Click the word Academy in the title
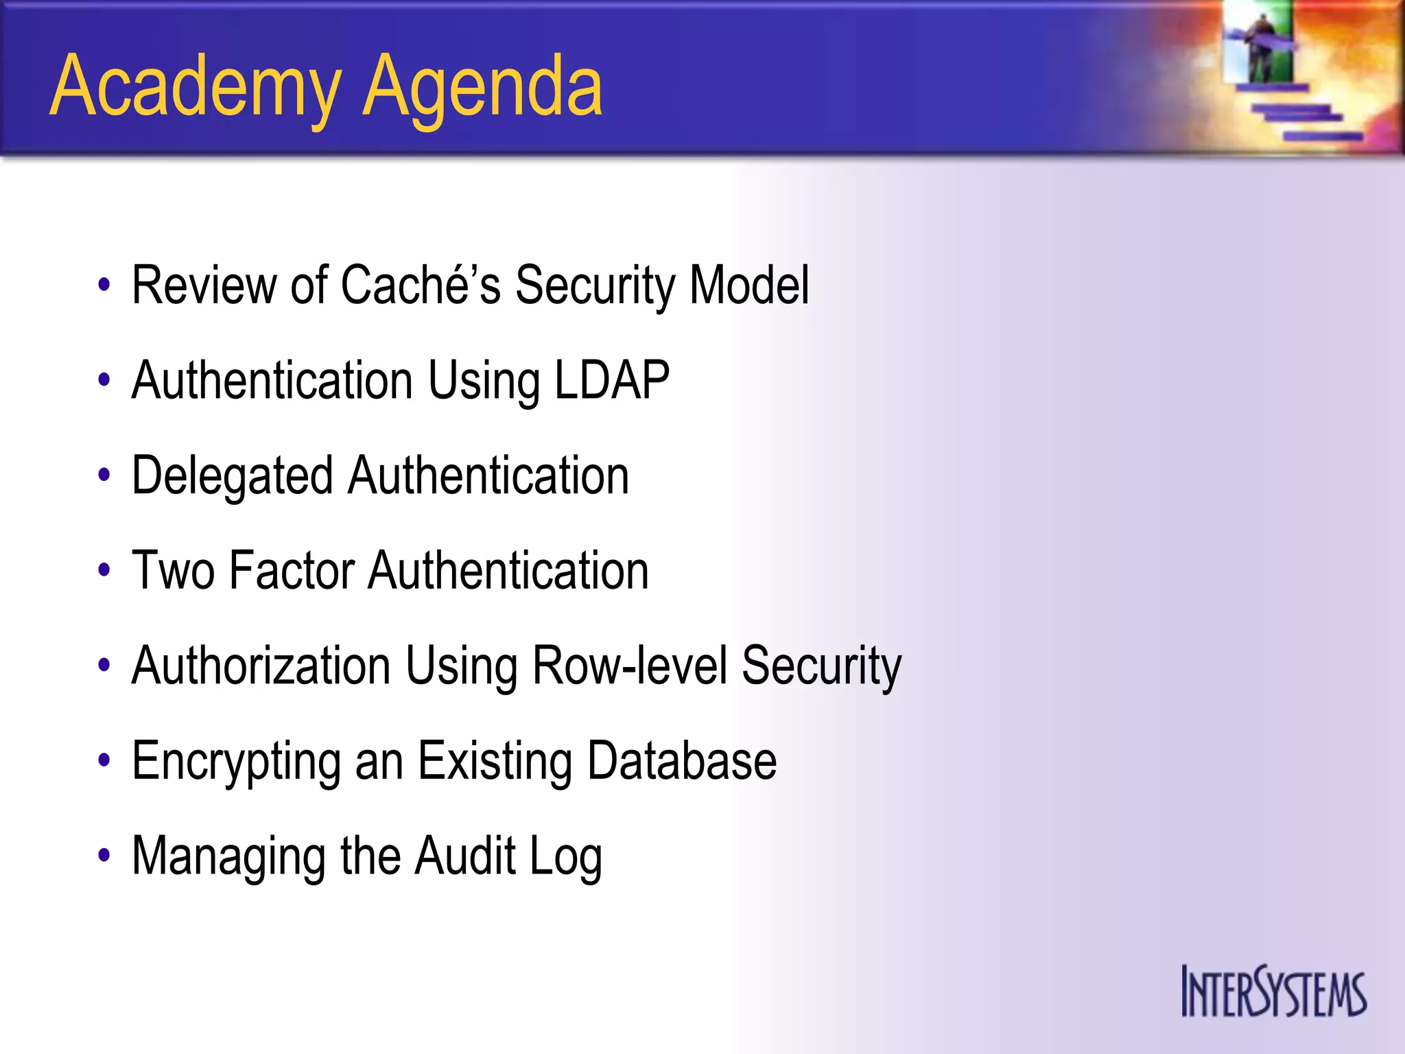196,88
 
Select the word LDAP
611,380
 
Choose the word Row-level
629,666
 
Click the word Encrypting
236,761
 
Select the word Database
682,761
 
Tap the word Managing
228,856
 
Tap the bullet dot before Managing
104,856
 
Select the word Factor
292,570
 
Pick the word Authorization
261,666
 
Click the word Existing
495,761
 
